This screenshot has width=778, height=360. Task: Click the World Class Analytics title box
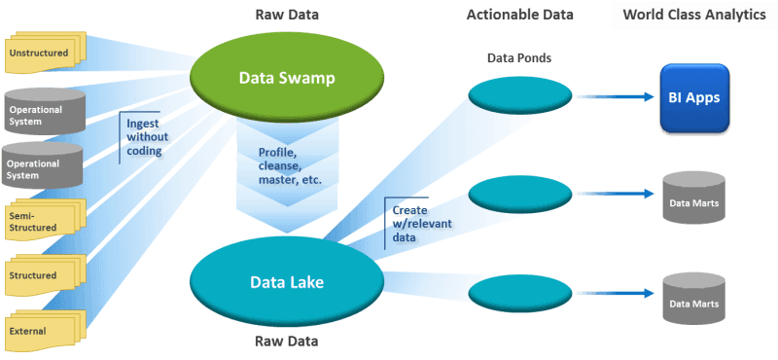tap(693, 16)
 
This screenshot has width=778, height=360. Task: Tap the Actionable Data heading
tap(519, 15)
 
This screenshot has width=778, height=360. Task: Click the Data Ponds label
tap(518, 58)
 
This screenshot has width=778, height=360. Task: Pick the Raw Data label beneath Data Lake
tap(286, 342)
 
